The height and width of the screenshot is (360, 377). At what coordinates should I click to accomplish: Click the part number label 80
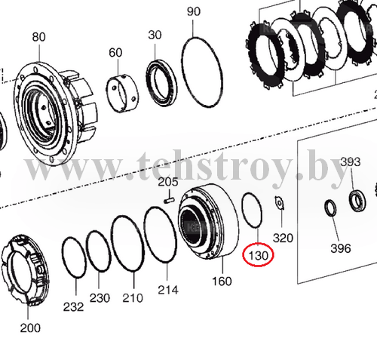(38, 37)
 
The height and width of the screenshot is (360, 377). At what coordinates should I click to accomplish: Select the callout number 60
(115, 53)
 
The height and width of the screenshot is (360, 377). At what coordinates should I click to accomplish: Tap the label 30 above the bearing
(155, 35)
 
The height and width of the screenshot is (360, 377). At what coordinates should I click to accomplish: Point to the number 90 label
(194, 11)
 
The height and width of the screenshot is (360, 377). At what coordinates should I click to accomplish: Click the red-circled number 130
(258, 256)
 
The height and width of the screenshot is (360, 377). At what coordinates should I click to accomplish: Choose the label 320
(283, 238)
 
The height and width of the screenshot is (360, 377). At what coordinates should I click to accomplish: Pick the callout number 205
(168, 182)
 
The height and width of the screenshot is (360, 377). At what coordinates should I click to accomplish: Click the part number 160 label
(222, 281)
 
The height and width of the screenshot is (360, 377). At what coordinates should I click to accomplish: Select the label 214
(168, 290)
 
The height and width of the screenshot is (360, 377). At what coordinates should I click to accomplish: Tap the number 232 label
(73, 307)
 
